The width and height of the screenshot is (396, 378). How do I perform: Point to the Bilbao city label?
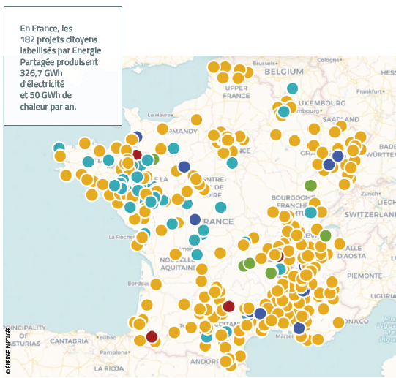point(108,338)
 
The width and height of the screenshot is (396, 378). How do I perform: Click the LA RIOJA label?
point(109,368)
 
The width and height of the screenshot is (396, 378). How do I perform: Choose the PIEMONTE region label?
point(363,275)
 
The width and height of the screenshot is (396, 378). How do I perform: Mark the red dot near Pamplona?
point(152,336)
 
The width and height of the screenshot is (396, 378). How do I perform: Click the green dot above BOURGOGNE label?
point(310,185)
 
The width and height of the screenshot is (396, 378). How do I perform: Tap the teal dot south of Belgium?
point(293,88)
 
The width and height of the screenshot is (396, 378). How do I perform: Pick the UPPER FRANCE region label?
point(237,91)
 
